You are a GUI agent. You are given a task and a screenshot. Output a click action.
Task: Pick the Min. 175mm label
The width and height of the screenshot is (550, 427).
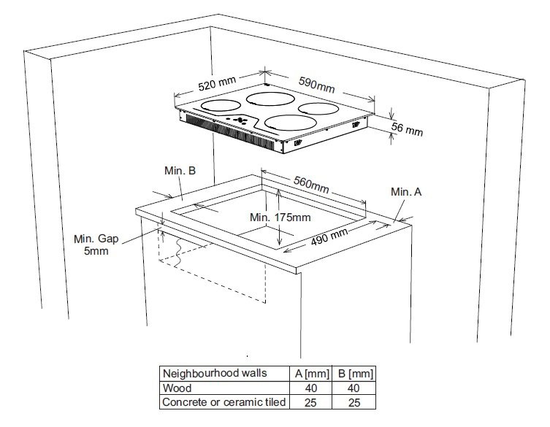coord(280,218)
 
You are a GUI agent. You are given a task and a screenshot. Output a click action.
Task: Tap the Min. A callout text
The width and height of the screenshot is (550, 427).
coord(406,191)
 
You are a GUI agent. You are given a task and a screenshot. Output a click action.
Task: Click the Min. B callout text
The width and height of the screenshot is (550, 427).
coord(180,171)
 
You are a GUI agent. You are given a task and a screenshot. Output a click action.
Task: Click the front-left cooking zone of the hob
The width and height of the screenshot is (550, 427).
coord(220,107)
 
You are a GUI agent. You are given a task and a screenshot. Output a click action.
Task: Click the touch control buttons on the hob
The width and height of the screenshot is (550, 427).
coord(238,120)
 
